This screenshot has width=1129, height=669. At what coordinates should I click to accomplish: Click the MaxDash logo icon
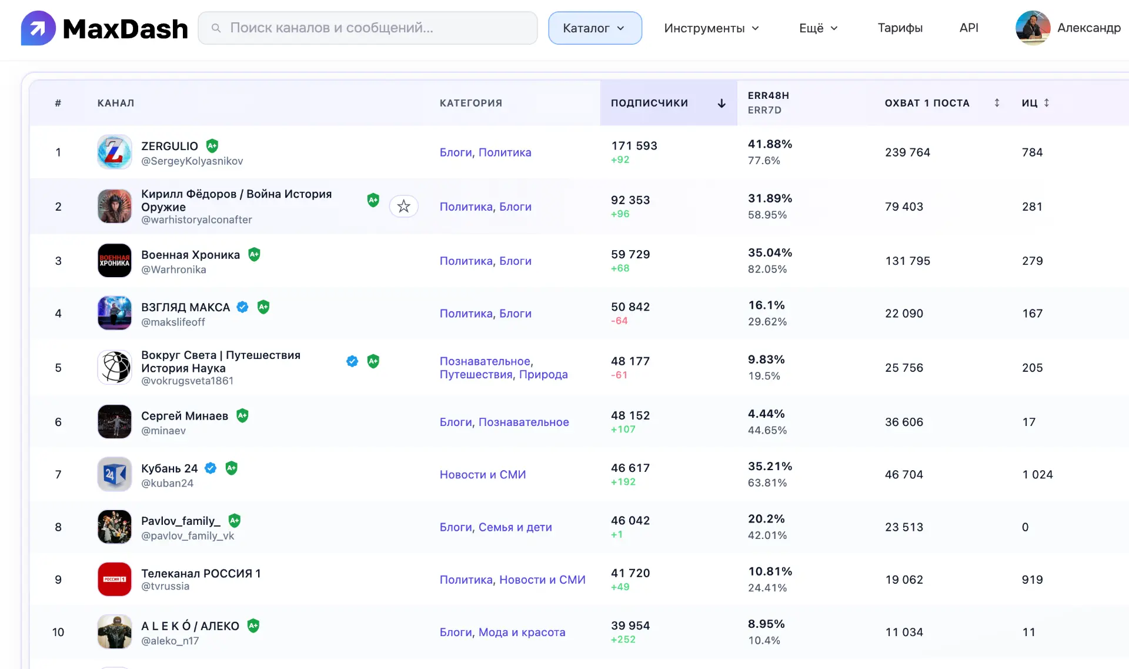(38, 28)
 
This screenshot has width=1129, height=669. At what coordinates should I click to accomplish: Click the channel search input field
(368, 28)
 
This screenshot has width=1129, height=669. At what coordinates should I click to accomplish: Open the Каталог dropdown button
(595, 28)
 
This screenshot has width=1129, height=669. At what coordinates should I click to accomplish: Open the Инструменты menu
(712, 28)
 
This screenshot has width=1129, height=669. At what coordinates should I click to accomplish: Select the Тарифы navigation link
(900, 28)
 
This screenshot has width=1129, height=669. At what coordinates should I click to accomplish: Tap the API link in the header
(969, 28)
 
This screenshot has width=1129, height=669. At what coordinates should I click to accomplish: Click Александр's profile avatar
(1033, 28)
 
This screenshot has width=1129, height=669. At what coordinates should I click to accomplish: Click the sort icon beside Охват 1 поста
(997, 103)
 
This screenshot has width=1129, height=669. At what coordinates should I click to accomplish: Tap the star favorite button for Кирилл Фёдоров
(403, 207)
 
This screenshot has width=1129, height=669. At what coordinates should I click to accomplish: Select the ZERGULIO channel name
(169, 146)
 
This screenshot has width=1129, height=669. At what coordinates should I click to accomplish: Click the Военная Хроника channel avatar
(115, 261)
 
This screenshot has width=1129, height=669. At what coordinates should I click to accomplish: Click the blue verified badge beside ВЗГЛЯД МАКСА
(242, 307)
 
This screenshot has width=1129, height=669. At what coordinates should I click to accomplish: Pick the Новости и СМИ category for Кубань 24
(483, 475)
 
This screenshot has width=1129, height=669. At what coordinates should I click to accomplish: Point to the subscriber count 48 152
(630, 415)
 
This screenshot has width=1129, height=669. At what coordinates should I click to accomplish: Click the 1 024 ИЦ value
(1037, 475)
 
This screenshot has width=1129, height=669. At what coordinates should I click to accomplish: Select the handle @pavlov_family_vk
(188, 536)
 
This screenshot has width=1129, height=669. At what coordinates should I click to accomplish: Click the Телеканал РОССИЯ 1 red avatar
(115, 580)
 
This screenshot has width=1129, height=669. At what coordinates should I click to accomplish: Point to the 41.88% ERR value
(770, 144)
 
